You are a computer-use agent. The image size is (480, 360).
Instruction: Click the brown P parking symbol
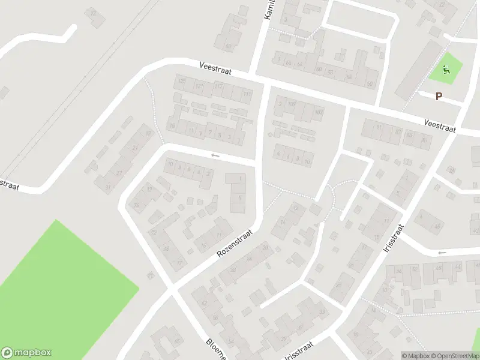(439, 96)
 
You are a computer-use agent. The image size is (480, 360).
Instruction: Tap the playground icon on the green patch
(446, 70)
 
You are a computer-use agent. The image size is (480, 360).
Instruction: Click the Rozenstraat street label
(236, 240)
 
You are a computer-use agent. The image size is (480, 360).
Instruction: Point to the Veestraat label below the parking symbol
(440, 125)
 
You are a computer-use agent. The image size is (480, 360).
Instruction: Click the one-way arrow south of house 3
(215, 155)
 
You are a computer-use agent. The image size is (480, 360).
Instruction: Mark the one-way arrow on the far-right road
(442, 253)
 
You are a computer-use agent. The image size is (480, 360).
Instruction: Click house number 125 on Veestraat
(182, 80)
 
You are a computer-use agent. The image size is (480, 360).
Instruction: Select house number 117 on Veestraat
(218, 87)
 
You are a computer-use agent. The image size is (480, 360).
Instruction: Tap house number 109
(292, 104)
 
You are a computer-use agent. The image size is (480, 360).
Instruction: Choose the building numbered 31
(108, 188)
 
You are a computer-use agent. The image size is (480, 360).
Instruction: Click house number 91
(379, 127)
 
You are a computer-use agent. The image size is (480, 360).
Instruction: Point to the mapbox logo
(26, 353)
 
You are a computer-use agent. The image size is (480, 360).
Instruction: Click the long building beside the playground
(417, 70)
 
